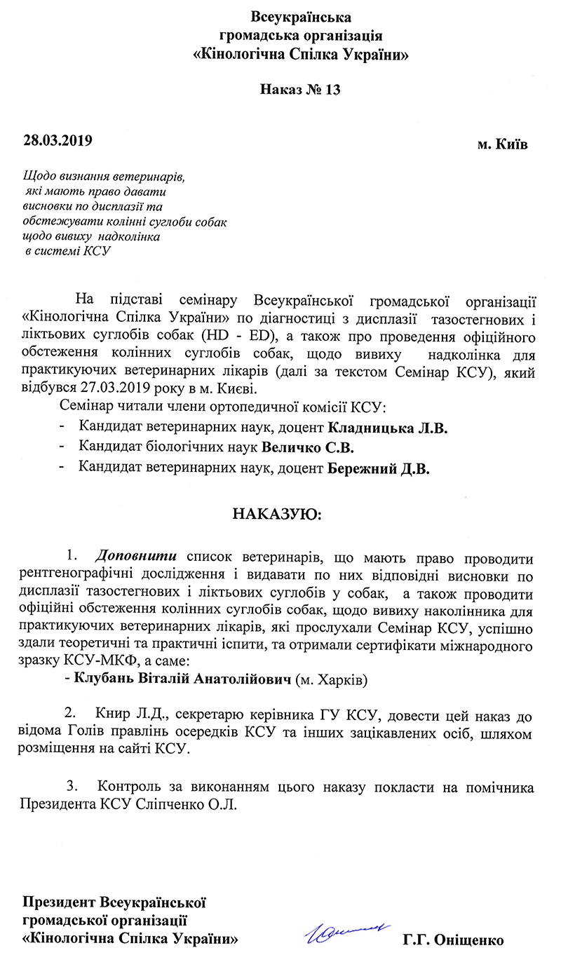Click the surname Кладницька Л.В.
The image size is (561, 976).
point(387,427)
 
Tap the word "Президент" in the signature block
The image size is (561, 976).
point(60,902)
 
